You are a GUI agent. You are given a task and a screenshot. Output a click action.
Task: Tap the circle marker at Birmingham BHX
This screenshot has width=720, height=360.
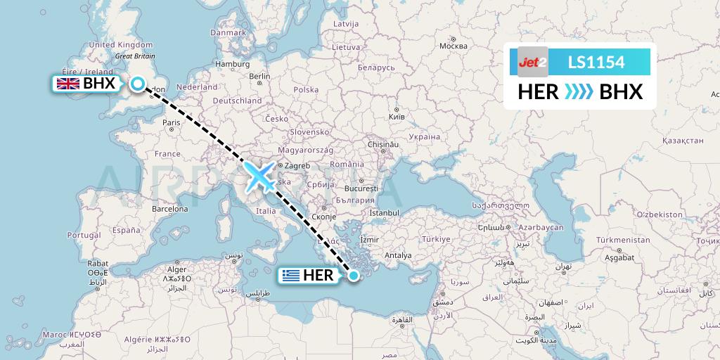coord(138,84)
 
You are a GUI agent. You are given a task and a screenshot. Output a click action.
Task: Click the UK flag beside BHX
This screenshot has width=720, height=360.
coord(68,84)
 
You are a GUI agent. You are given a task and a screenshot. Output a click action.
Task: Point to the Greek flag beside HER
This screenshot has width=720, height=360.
coord(290,276)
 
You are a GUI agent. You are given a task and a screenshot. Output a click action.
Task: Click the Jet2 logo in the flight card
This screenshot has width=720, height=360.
coord(532,63)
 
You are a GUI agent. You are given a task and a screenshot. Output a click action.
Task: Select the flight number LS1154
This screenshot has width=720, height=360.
coord(596,63)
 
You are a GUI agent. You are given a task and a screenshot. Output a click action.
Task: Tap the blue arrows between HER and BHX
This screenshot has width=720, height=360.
coord(579,92)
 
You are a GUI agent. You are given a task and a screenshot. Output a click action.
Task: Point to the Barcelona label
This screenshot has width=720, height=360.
coord(171,209)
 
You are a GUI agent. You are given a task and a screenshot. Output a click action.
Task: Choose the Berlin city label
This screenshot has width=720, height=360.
coord(259,76)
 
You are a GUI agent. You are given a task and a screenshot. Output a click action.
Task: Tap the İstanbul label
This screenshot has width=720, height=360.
coord(384,212)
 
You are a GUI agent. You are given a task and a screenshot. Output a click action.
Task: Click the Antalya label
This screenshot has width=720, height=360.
coord(398,255)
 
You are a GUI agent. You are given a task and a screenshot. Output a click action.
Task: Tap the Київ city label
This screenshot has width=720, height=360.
coord(397,115)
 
